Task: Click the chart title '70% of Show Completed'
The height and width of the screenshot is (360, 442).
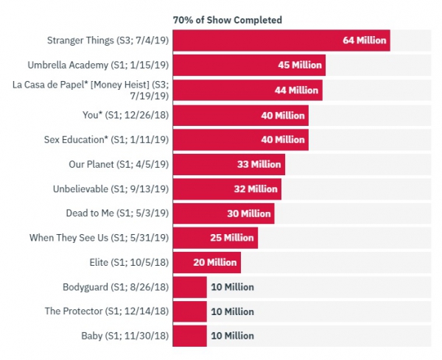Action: [228, 19]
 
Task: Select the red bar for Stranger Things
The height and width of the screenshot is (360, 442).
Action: [281, 40]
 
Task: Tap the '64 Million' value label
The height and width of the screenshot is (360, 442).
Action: [364, 40]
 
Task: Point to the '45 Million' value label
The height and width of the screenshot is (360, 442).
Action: [300, 66]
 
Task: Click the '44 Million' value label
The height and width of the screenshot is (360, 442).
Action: [296, 90]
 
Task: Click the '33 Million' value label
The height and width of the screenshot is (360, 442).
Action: [259, 164]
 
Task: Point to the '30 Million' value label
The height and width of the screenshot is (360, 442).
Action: [249, 213]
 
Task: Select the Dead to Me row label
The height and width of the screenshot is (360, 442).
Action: [118, 213]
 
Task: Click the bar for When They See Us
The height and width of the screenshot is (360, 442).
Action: [214, 239]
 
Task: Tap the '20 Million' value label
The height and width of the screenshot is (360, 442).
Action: [215, 263]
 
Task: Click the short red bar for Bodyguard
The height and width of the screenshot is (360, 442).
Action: [189, 287]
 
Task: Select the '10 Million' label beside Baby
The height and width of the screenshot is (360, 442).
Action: [232, 336]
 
